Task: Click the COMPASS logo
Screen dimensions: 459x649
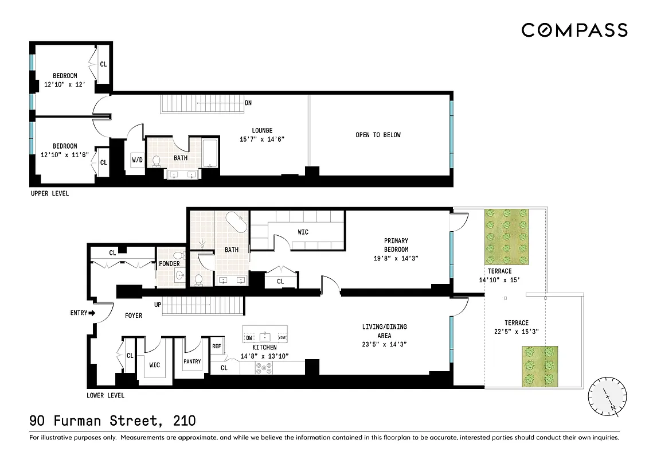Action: pos(574,30)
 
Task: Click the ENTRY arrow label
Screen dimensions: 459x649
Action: pos(83,313)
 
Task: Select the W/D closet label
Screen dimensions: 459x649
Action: pos(137,160)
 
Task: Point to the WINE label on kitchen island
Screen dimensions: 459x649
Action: pos(282,338)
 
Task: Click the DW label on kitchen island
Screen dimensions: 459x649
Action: pos(249,338)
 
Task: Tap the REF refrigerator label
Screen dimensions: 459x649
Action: pos(216,346)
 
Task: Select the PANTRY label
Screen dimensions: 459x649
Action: pos(192,361)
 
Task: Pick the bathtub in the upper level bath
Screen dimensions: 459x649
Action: pos(210,153)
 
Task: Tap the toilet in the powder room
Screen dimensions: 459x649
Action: pos(178,256)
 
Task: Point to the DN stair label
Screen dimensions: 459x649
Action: pos(248,103)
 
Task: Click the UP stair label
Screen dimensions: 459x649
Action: pos(157,305)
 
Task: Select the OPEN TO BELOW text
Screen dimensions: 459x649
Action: pos(378,135)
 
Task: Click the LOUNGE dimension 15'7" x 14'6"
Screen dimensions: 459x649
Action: pos(262,139)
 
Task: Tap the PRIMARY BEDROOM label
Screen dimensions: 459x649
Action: pos(396,245)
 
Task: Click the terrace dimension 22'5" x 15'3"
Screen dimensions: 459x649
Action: pos(516,332)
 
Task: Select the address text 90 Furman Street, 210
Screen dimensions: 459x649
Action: pos(112,421)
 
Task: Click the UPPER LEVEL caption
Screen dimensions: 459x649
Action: pos(49,193)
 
